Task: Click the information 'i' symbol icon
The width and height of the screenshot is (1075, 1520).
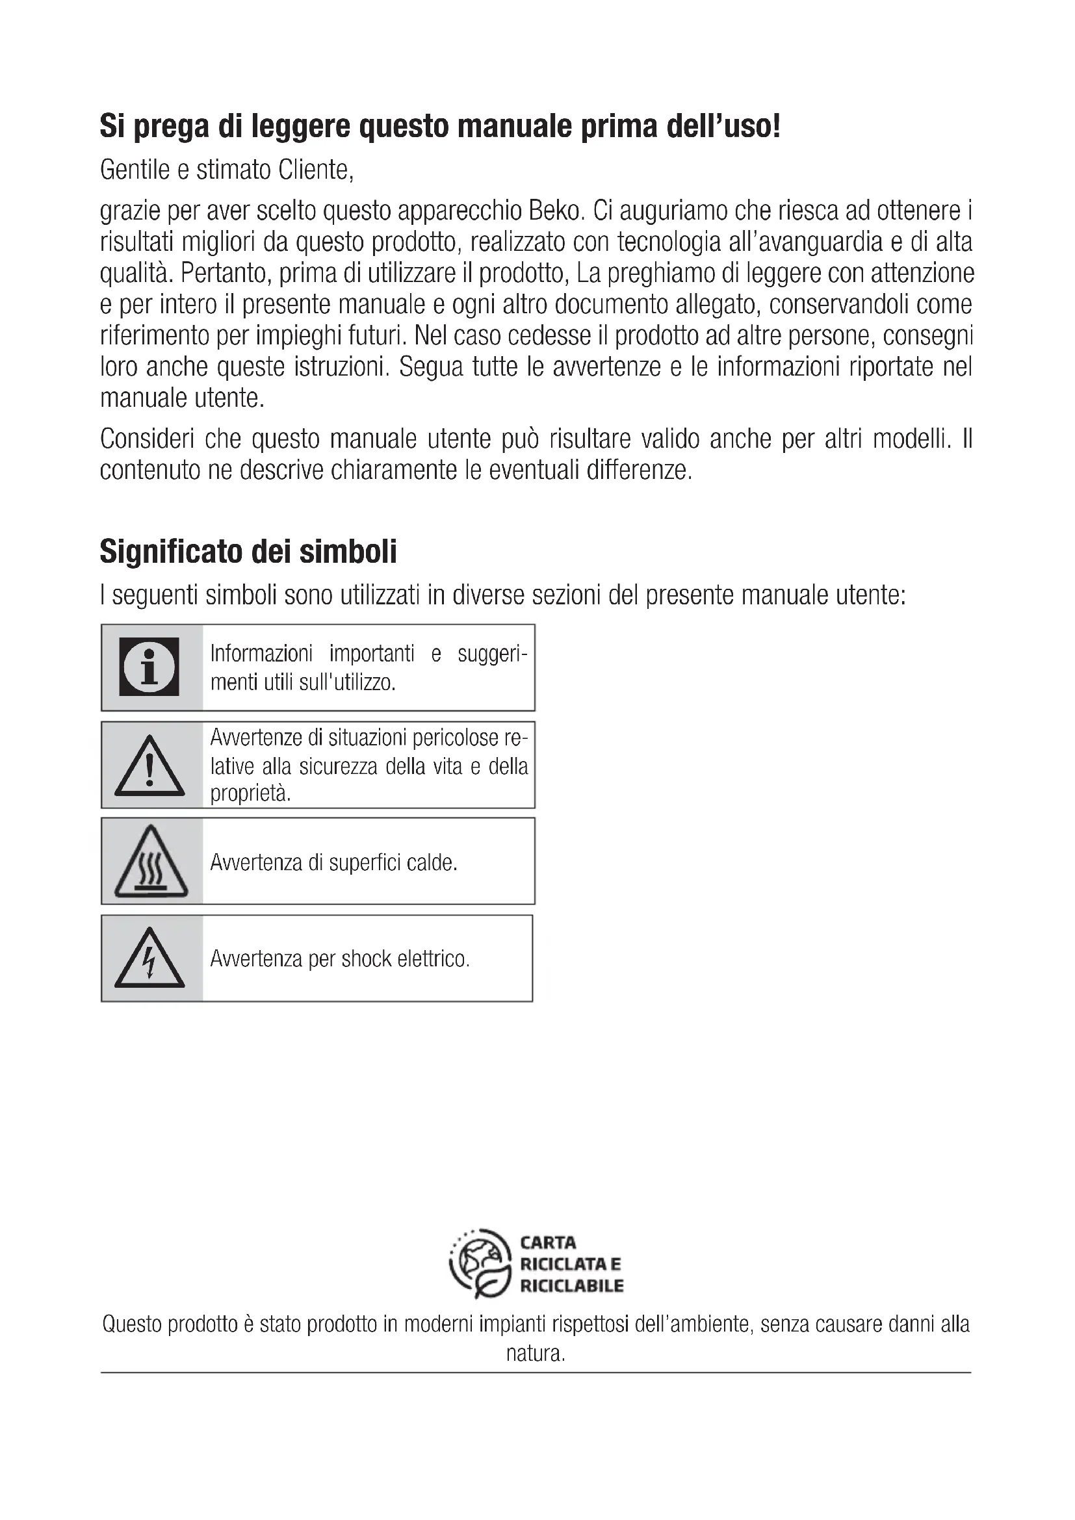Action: pos(149,667)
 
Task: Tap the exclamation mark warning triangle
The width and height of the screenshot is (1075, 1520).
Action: pos(149,767)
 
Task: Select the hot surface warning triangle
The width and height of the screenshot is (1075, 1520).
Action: pos(151,862)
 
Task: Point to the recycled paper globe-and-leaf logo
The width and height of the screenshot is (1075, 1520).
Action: pos(480,1263)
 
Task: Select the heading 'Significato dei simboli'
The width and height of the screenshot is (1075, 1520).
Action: pos(248,552)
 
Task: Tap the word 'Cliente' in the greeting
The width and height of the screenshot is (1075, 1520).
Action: pos(315,170)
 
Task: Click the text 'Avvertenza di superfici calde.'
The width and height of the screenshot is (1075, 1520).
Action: pos(333,862)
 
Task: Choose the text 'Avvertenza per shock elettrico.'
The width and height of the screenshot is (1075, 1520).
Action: pos(339,959)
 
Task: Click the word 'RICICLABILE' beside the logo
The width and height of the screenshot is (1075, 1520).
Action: pos(571,1285)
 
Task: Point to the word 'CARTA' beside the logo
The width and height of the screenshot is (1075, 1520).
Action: pos(548,1243)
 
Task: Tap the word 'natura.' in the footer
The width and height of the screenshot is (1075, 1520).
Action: pos(536,1353)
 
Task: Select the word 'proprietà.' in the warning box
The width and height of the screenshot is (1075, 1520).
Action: pos(250,793)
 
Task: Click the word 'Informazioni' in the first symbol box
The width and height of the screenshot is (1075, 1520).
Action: pos(261,653)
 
